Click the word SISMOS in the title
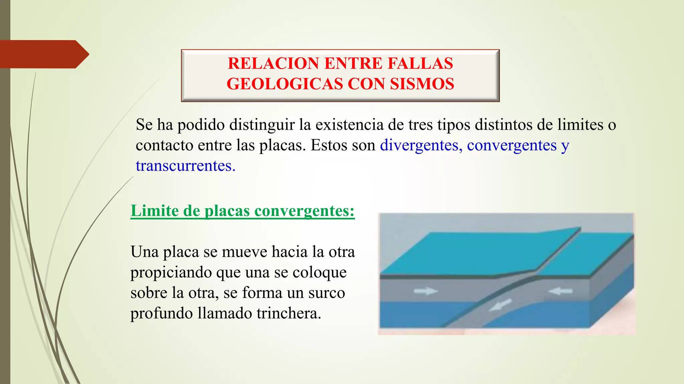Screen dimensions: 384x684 click(x=422, y=84)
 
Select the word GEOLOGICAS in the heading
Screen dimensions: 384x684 click(x=285, y=84)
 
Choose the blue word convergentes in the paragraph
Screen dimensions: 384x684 click(x=512, y=145)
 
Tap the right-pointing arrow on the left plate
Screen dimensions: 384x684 click(x=425, y=291)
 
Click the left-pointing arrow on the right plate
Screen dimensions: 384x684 click(x=560, y=291)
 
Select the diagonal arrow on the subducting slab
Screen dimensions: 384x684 click(x=500, y=305)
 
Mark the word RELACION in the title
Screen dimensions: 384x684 click(x=273, y=63)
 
